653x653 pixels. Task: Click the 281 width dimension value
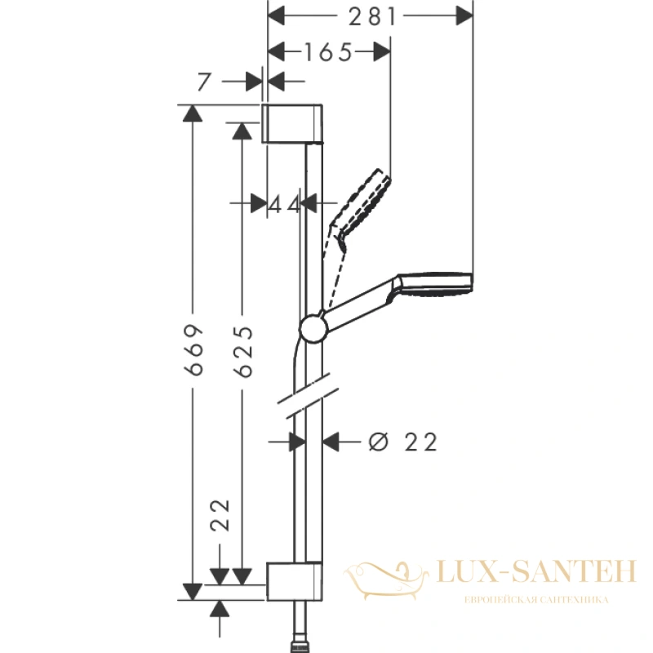pos(372,17)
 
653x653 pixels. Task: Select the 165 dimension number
pos(329,52)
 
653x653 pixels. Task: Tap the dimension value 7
pos(204,82)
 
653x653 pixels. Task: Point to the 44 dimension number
pos(283,204)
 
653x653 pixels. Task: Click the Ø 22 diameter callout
pos(403,442)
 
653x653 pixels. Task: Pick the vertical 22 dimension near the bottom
pos(220,515)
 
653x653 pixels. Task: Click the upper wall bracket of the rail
pos(292,123)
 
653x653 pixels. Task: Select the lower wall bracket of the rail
pos(294,582)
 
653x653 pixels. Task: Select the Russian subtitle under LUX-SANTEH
pos(536,600)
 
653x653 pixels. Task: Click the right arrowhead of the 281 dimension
pos(464,16)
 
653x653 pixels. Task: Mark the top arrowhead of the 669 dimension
pos(193,113)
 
